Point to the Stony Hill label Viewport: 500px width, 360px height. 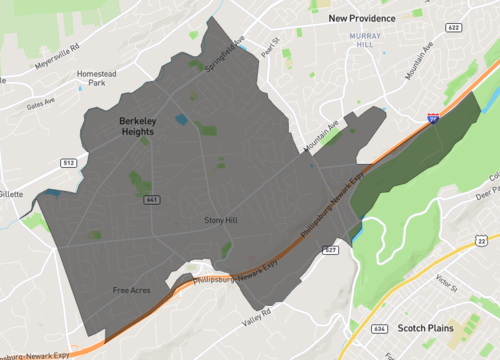tap(221, 220)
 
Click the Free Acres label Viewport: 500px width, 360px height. tap(131, 291)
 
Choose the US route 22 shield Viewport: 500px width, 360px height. tap(482, 241)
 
